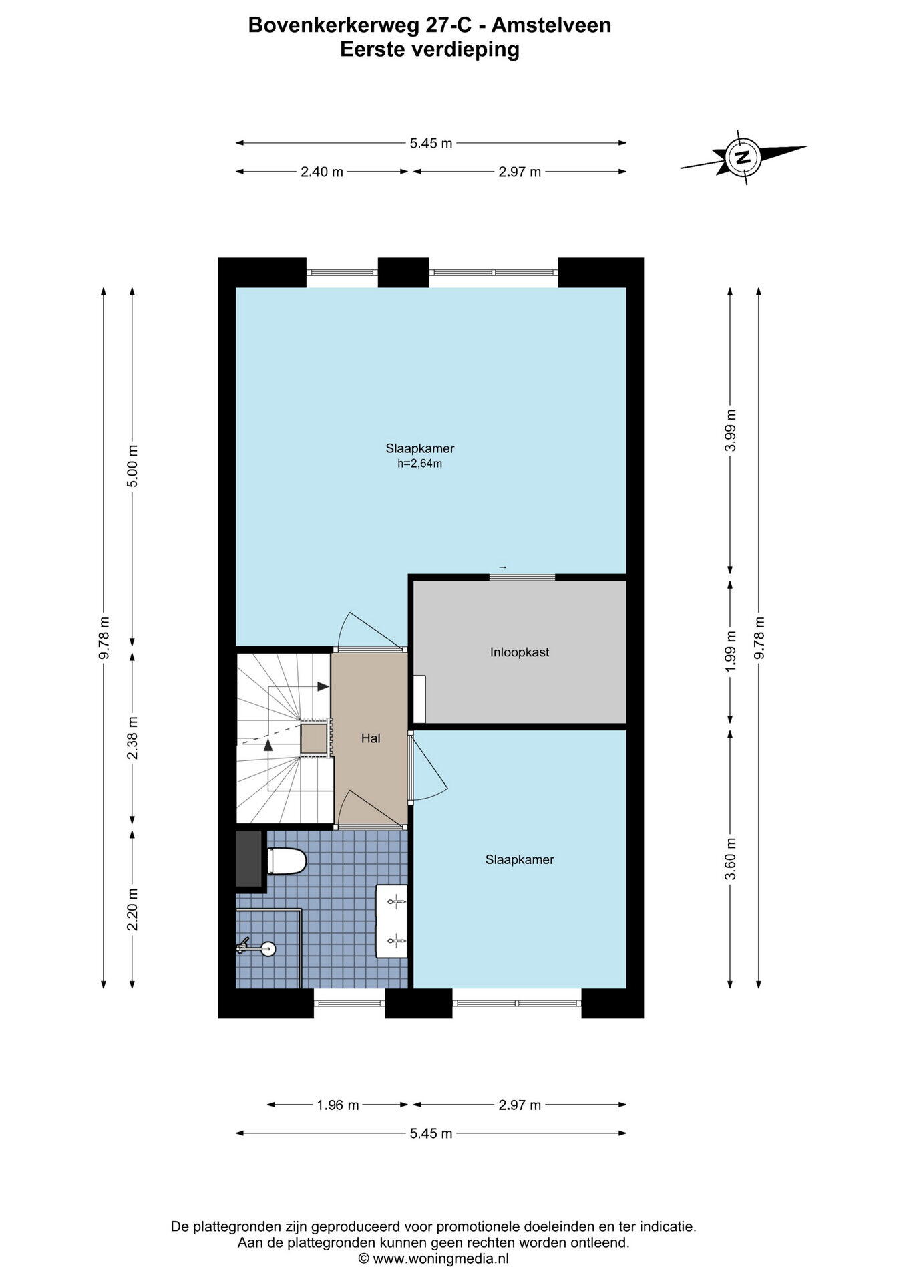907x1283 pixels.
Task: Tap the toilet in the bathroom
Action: (286, 861)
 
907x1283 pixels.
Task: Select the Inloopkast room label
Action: (520, 652)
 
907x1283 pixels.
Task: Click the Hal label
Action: (371, 738)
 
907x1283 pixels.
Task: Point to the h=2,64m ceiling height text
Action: (420, 464)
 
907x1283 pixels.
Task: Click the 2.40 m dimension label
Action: (322, 172)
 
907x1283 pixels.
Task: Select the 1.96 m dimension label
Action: (338, 1105)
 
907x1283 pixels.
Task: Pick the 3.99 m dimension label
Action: (731, 430)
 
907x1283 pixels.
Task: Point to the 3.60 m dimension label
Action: (731, 859)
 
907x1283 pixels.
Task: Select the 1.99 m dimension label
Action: (731, 652)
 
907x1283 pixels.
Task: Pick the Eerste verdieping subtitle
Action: (429, 49)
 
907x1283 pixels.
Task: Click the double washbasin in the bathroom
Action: (392, 921)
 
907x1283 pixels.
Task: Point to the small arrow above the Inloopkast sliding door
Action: (503, 567)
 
